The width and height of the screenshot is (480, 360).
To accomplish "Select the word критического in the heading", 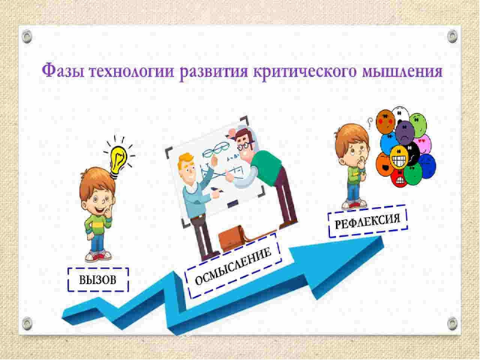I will click(x=302, y=73).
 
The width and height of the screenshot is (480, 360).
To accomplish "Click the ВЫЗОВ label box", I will click(x=98, y=280).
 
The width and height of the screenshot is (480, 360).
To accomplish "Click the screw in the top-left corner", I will click(x=27, y=35).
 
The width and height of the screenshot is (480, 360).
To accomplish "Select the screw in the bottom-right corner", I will click(x=452, y=322).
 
